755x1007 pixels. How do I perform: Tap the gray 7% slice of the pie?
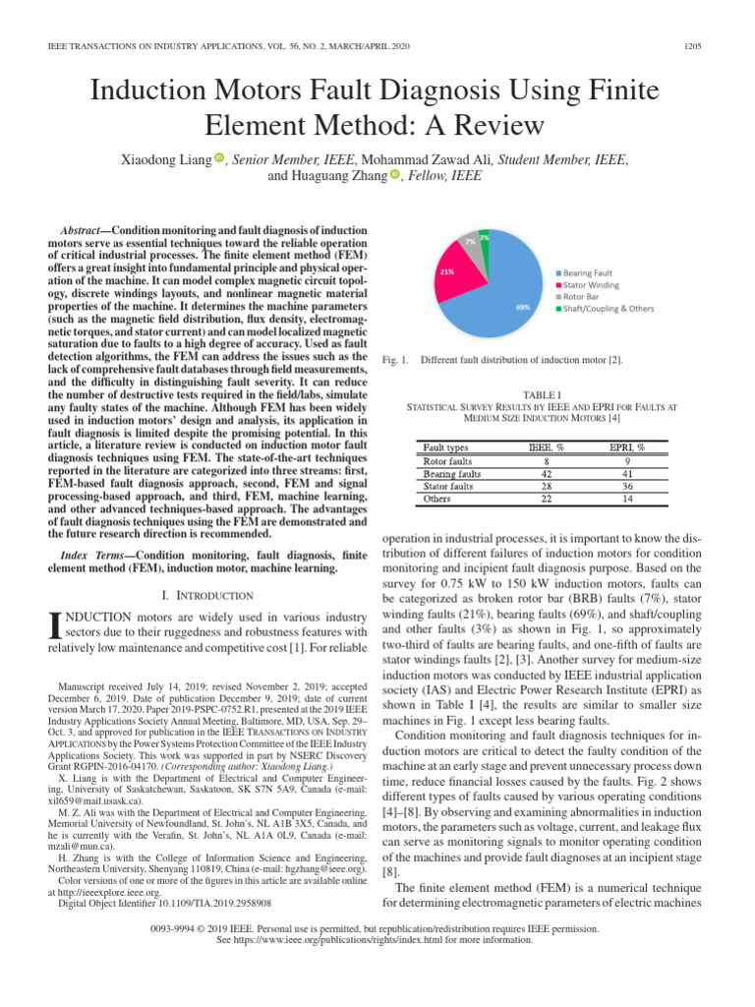473,242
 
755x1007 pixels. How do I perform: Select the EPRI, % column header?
626,447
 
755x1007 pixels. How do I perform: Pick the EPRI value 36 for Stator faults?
626,486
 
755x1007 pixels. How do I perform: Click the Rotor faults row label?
447,460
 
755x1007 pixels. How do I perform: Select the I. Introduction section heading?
205,594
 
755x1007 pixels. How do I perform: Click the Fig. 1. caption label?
396,360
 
